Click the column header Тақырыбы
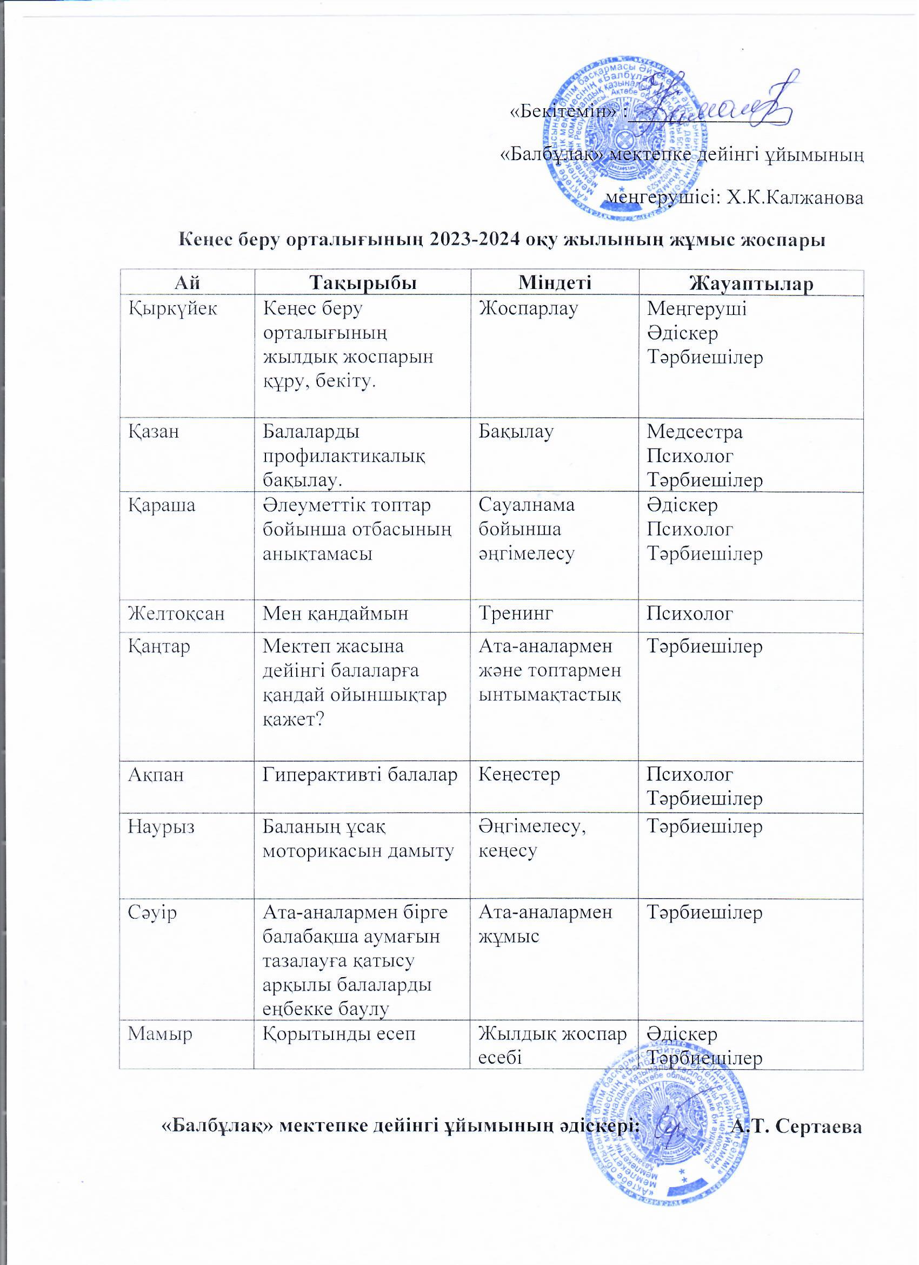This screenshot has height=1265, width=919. (x=363, y=284)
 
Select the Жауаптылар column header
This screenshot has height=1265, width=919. (x=751, y=284)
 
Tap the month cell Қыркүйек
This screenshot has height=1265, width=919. (x=173, y=308)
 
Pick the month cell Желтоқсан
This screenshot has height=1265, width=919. (x=176, y=614)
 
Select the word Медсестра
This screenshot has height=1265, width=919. (x=695, y=432)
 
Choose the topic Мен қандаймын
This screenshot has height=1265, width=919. (x=336, y=614)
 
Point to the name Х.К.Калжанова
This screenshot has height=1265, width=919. (x=795, y=198)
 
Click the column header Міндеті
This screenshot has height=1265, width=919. (x=555, y=284)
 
